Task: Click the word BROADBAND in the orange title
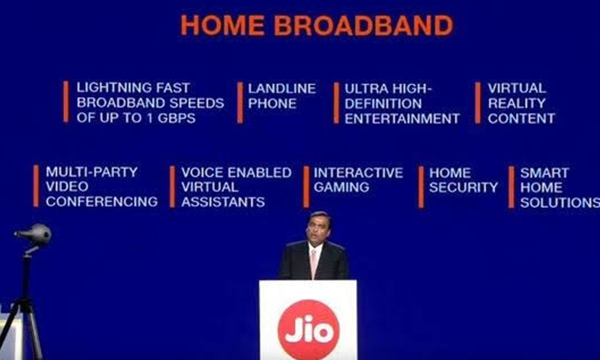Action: pos(363,25)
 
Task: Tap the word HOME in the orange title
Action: pos(222,25)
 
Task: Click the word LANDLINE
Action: pos(282,88)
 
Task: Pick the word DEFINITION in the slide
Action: pos(383,103)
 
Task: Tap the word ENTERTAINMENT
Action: pos(402,118)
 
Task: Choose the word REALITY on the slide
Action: pos(516,103)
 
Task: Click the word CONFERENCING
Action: pos(101,201)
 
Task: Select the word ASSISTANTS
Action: pos(223,201)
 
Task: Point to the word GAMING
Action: pos(341,187)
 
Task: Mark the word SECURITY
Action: pos(463,187)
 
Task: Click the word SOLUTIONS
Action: pos(560,202)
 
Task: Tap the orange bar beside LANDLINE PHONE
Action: pos(240,102)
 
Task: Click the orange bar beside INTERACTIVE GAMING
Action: pos(306,186)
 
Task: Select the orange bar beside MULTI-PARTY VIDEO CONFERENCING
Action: pos(36,186)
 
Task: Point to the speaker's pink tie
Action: pos(313,263)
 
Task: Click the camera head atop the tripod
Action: pos(34,234)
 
